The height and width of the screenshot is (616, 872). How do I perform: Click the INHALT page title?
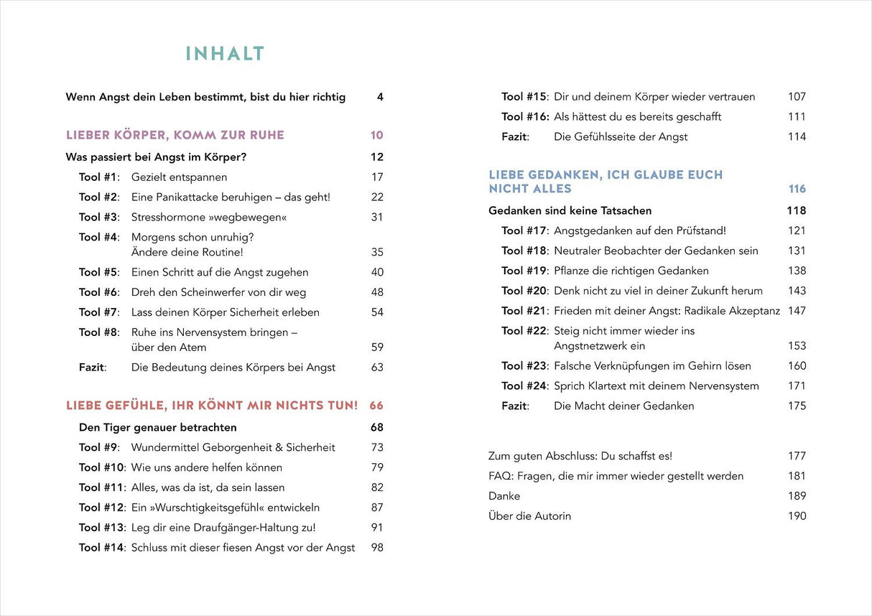coord(225,54)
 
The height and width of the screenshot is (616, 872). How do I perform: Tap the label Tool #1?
coord(99,177)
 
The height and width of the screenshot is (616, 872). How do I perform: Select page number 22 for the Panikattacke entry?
coord(377,197)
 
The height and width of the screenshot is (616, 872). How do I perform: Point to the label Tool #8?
coord(99,332)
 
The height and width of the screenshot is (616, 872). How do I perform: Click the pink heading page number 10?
coord(377,136)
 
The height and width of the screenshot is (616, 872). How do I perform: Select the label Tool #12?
coord(102,508)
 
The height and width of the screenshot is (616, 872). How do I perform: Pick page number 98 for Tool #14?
coord(377,548)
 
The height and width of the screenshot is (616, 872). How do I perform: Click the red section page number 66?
coord(376,406)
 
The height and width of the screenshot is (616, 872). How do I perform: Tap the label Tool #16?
coord(525,117)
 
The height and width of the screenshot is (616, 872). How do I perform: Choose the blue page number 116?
coord(797,189)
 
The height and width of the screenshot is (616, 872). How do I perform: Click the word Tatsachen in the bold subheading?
coord(623,211)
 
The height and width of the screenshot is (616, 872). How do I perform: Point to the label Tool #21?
coord(525,311)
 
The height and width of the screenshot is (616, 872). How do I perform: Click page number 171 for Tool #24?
coord(797,386)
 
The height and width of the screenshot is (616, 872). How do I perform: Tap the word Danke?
coord(504,496)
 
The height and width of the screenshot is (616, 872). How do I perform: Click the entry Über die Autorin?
coord(530,516)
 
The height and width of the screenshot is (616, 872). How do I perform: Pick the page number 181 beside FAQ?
coord(797,476)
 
